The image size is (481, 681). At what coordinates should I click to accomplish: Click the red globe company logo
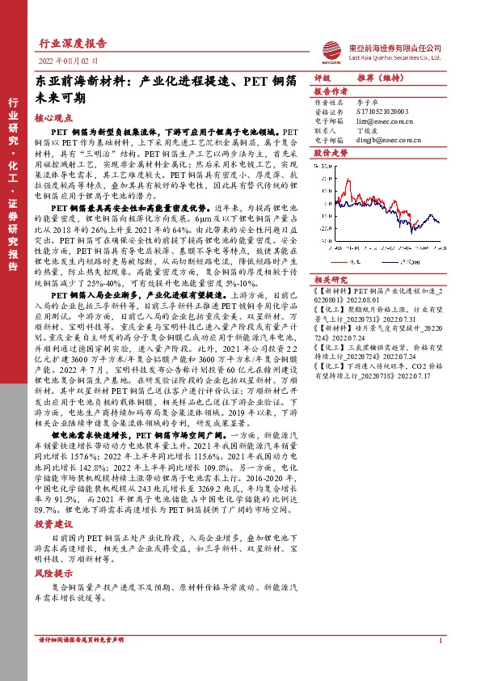pyautogui.click(x=335, y=50)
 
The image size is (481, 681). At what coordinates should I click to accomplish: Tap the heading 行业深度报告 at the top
pyautogui.click(x=73, y=44)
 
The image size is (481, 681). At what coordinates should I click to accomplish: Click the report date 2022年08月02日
pyautogui.click(x=69, y=61)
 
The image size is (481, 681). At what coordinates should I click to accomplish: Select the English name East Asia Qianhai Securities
pyautogui.click(x=395, y=57)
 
